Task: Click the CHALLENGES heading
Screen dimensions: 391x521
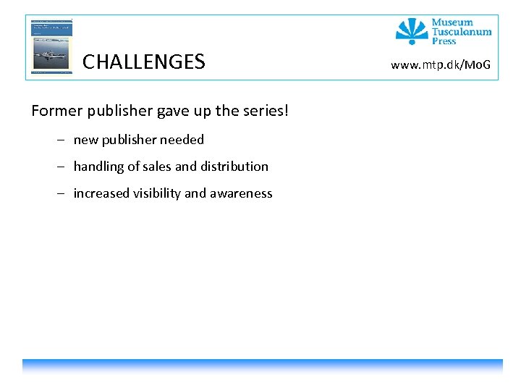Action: (143, 62)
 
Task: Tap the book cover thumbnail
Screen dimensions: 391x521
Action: (51, 46)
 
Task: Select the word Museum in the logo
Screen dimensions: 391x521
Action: (452, 22)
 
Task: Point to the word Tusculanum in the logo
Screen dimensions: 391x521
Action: (462, 32)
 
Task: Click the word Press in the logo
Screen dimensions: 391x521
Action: (444, 41)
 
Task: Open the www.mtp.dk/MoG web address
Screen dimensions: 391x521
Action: (441, 66)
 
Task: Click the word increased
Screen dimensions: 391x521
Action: (101, 193)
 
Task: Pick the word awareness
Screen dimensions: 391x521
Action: (241, 193)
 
